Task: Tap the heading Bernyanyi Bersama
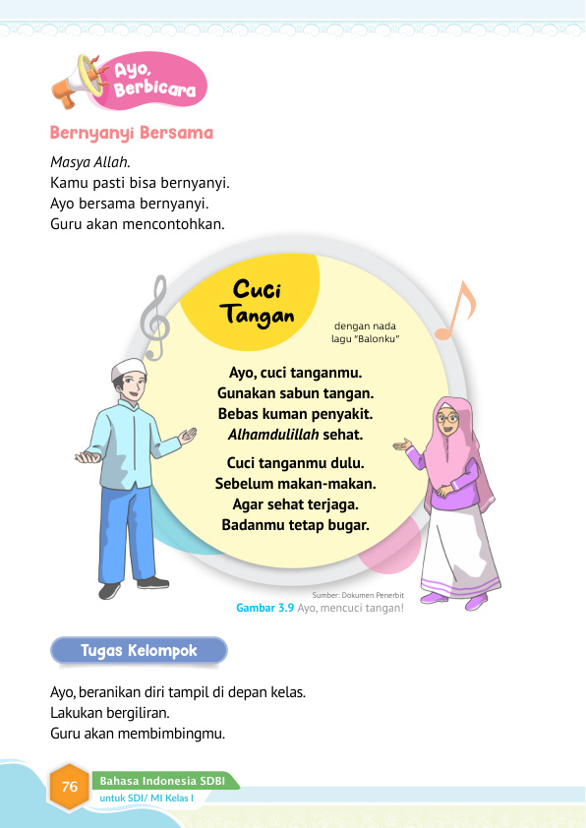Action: pos(131,133)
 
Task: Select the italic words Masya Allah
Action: pos(89,161)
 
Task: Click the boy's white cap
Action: pos(128,367)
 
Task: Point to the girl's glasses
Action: pos(448,419)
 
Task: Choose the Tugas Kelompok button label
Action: pos(139,651)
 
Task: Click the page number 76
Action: pos(70,786)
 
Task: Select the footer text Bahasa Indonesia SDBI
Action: pos(161,781)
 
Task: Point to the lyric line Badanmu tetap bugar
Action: pos(295,525)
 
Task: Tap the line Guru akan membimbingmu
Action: pos(138,734)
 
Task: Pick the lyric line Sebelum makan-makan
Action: pos(296,484)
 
